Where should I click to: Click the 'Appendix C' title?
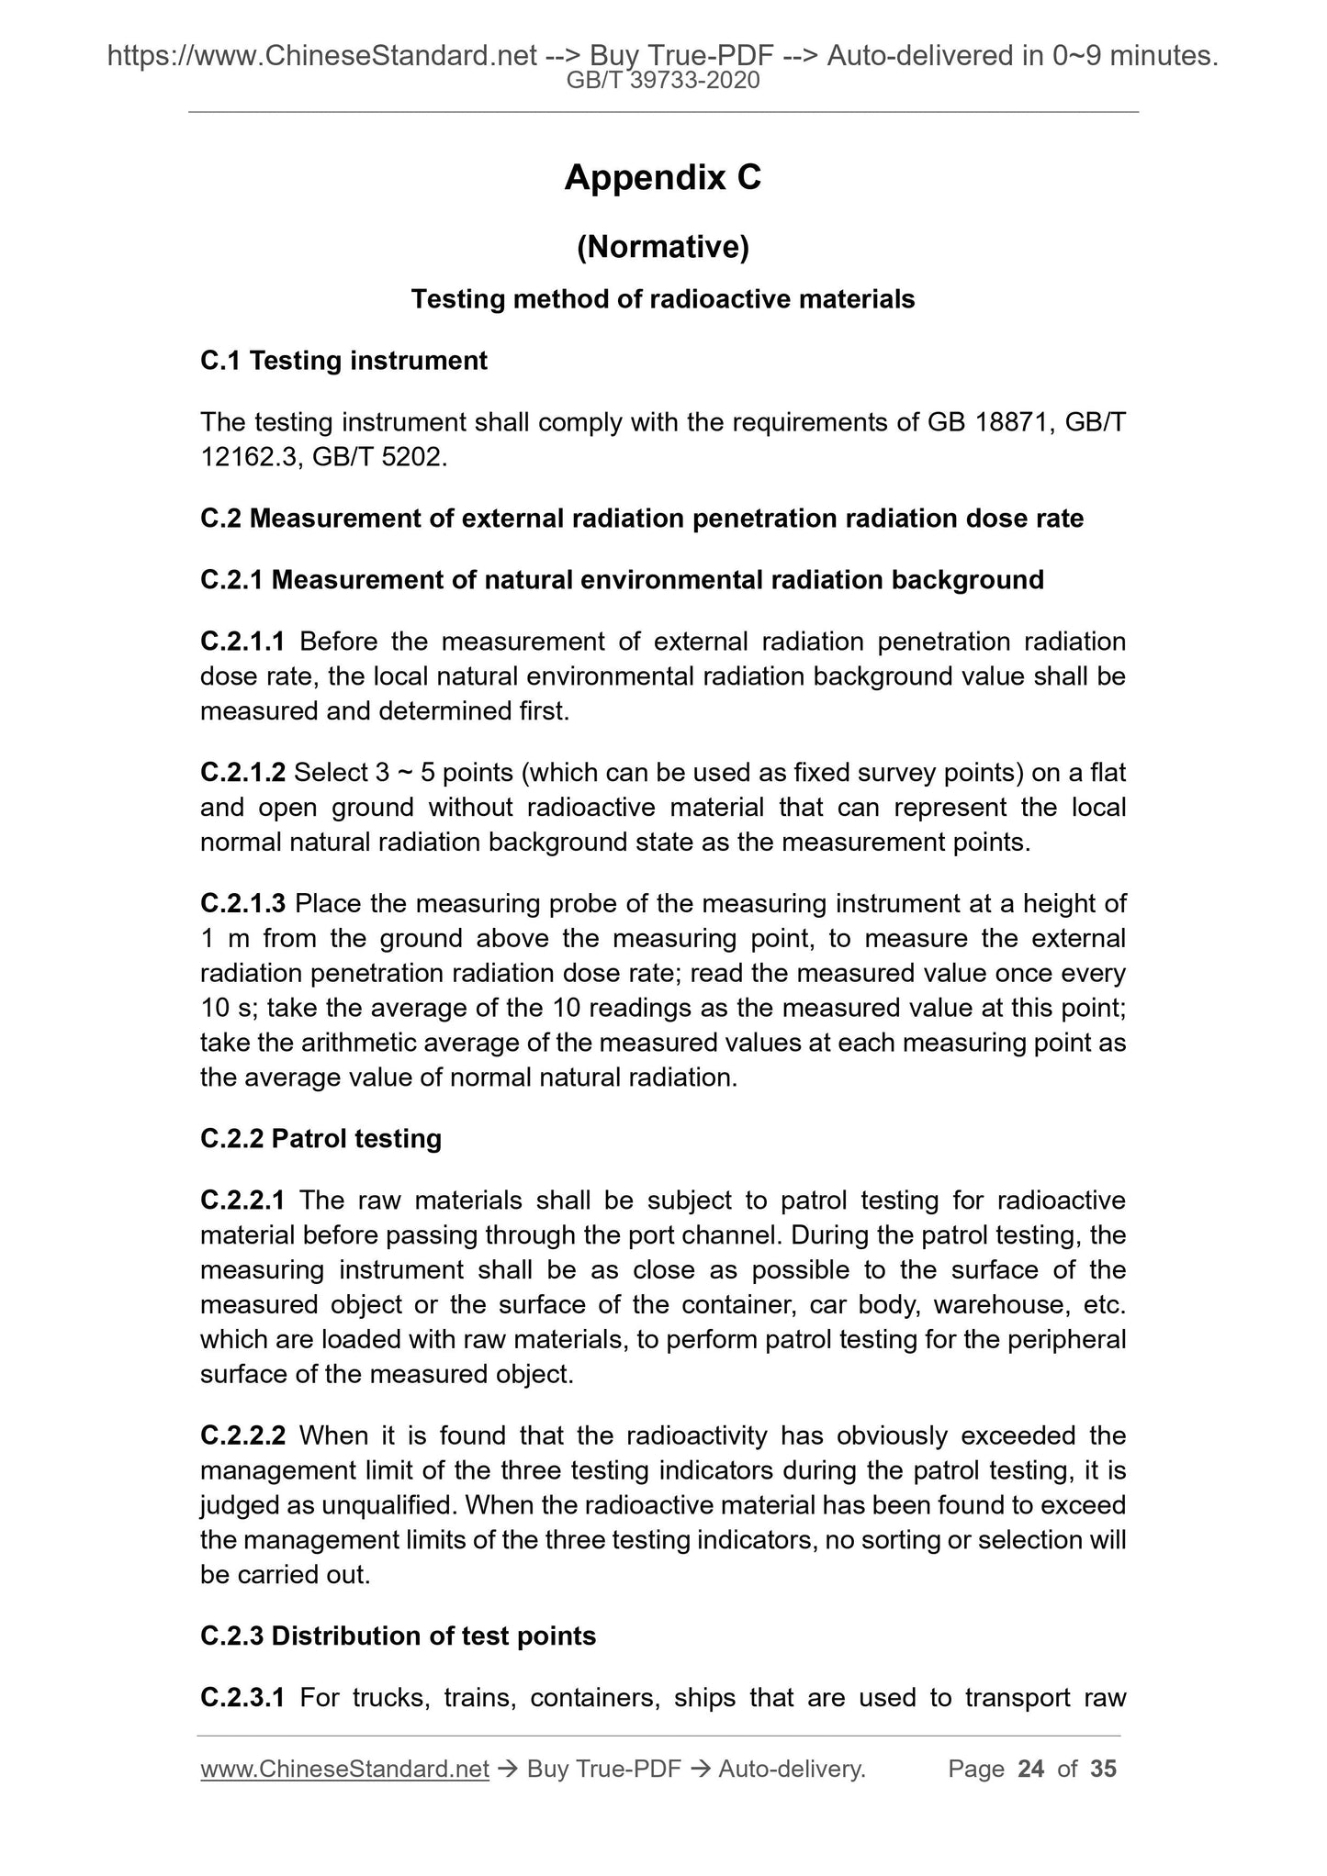662,177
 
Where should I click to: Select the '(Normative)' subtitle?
662,247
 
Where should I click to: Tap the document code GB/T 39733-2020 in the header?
663,81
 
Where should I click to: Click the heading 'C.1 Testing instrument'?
343,361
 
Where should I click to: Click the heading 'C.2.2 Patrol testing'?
321,1139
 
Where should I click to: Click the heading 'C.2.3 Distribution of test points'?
398,1636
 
